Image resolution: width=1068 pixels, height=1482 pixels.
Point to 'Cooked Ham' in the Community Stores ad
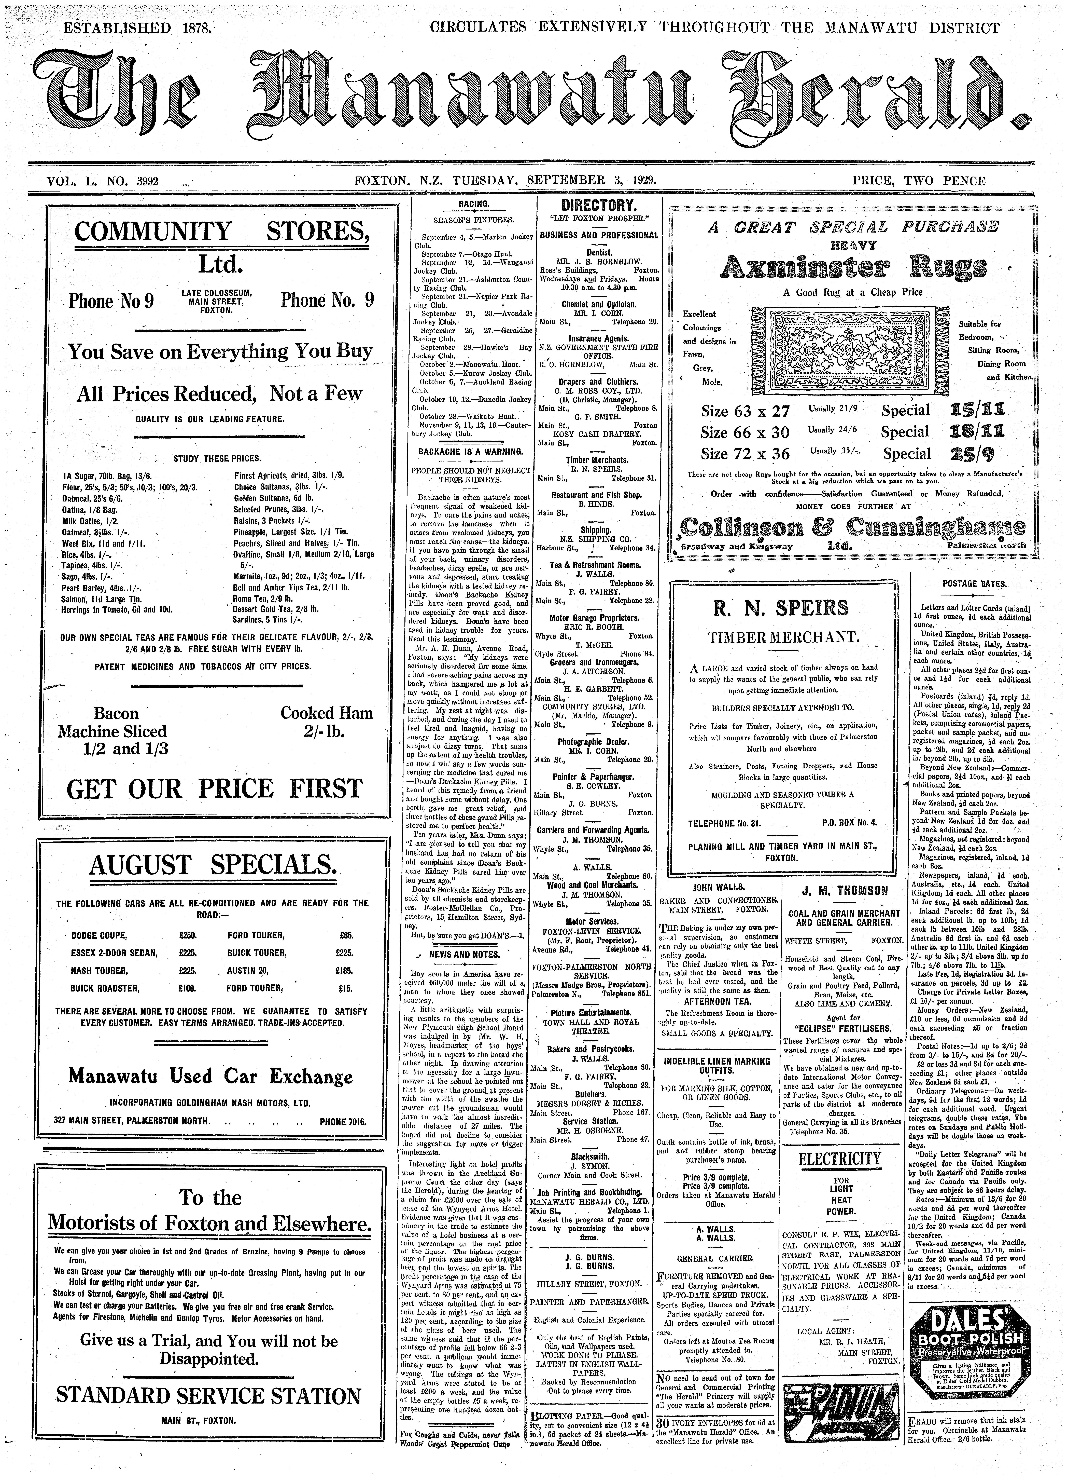pos(327,713)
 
